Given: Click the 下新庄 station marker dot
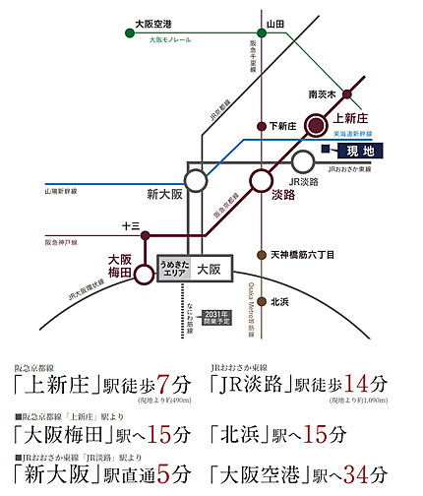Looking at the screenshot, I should (261, 126).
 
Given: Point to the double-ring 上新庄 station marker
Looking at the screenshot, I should (316, 125).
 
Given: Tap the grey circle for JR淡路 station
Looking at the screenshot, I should (304, 161).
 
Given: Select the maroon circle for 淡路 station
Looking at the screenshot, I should (261, 180).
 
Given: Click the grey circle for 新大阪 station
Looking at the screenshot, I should (197, 180).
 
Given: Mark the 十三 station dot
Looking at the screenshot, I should (146, 235).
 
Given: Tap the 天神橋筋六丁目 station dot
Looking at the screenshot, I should (261, 254).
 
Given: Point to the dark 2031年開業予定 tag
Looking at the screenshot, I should (213, 317).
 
